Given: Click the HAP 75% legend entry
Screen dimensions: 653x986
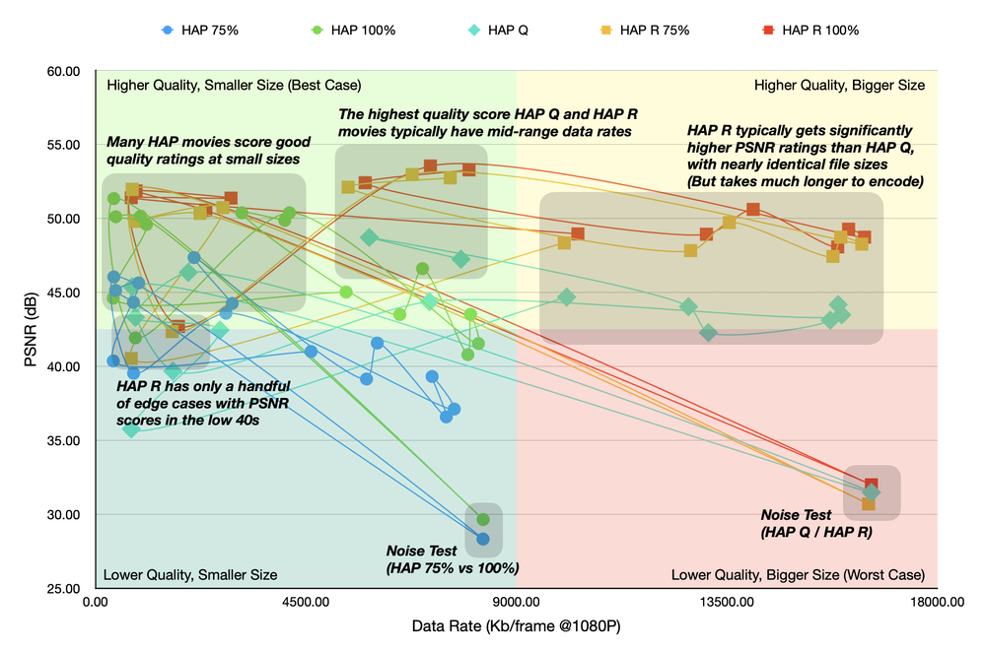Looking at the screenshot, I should tap(201, 30).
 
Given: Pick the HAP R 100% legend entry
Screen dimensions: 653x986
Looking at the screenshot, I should tap(811, 30).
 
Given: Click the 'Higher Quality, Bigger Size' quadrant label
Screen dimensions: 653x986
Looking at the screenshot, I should tap(839, 86).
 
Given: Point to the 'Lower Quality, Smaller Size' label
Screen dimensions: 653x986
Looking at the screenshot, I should tap(190, 574).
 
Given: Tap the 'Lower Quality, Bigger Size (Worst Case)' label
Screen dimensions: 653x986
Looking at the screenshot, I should tap(798, 574).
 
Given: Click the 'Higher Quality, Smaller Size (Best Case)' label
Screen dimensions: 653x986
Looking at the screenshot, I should tap(234, 86).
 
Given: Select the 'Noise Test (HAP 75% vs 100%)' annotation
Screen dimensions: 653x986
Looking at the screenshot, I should tap(453, 559).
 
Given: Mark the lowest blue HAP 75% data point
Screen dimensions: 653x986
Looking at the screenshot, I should tap(483, 539).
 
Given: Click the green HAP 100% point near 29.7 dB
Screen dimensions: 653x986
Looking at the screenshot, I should tap(483, 519).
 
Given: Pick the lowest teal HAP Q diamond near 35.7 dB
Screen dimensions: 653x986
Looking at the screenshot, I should tap(131, 429).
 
